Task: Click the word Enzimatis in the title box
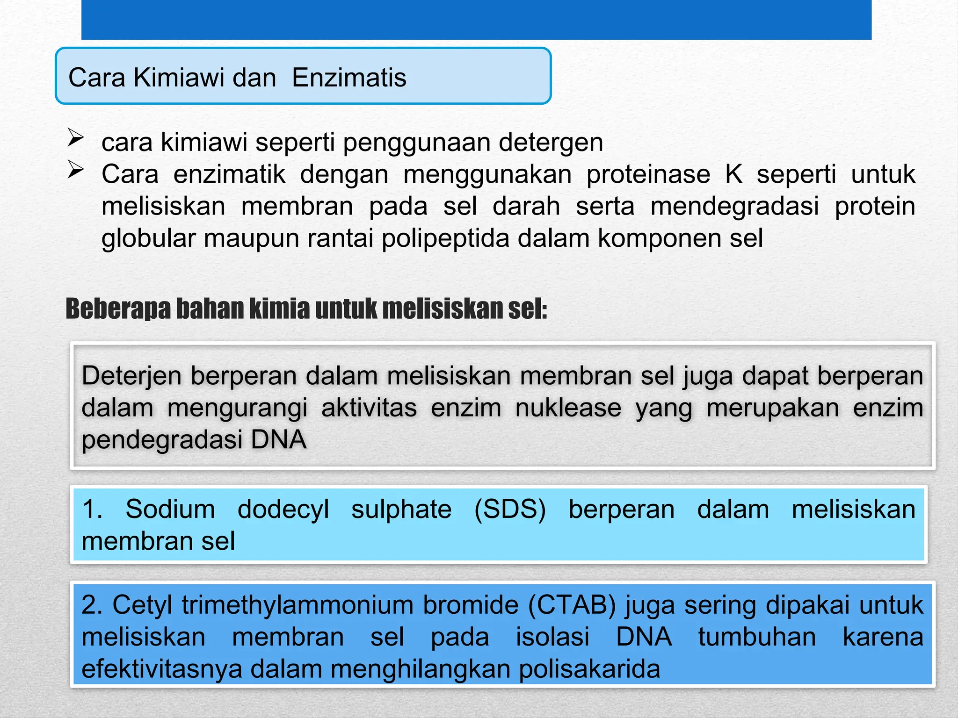coord(349,78)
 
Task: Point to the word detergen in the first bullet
coord(551,143)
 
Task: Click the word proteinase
coord(648,175)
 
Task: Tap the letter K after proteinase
coord(733,174)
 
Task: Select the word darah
coord(526,207)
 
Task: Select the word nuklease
coord(568,408)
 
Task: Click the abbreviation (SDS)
coord(510,509)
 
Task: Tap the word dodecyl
coord(283,509)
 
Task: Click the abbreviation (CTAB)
coord(572,605)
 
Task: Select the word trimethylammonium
coord(298,605)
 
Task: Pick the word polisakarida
coord(589,669)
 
